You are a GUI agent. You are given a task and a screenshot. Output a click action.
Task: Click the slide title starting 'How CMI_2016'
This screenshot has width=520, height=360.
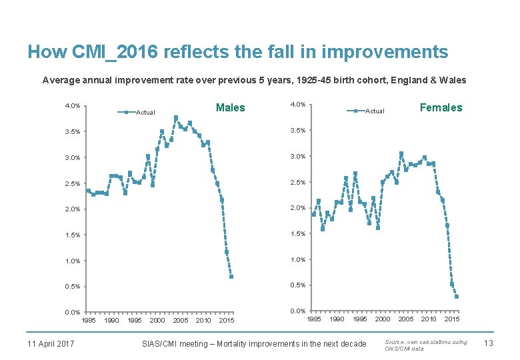point(238,52)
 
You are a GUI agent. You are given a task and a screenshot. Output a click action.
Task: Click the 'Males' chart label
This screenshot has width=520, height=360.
point(231,108)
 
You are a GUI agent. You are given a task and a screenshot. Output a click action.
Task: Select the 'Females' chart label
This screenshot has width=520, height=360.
point(441,107)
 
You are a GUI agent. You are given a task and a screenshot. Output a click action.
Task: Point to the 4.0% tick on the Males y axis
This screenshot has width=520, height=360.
point(73,106)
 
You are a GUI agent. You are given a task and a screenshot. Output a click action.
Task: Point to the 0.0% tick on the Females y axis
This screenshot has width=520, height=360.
point(298,311)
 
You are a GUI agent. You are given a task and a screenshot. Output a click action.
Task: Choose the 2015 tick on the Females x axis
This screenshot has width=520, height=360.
point(452,319)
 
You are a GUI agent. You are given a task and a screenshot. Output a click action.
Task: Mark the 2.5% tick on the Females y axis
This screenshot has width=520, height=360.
point(298,182)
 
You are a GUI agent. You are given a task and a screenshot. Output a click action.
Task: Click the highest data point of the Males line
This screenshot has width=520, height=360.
point(176,118)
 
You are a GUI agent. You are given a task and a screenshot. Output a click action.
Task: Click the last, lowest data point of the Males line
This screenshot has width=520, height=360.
point(231,276)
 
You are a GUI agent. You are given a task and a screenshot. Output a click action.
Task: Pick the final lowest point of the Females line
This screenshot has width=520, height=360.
point(457,297)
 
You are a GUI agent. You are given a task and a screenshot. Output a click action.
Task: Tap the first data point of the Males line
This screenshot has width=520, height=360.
point(88,191)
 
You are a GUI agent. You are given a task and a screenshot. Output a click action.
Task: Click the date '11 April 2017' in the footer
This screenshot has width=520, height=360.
point(51,344)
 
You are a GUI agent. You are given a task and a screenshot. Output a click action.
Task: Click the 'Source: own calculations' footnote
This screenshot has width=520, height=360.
point(426,345)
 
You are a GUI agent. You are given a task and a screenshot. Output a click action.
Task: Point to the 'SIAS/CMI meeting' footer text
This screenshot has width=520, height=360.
point(254,344)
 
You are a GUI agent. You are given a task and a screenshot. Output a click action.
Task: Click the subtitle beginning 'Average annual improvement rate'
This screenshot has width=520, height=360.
point(254,81)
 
